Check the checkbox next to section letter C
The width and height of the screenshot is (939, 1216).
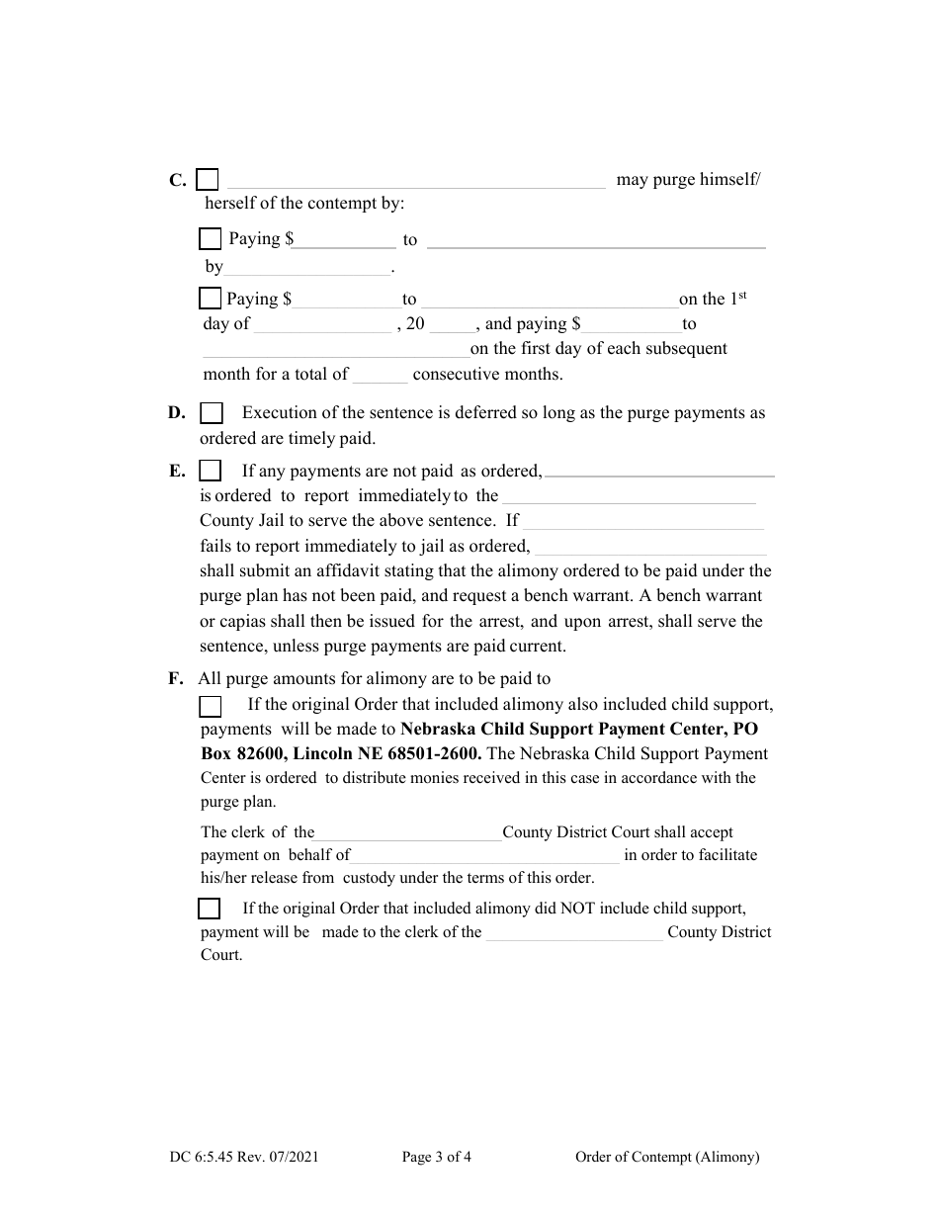tap(208, 180)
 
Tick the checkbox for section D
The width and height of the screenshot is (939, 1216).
tap(212, 413)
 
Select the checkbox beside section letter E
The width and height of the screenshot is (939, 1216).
tap(210, 471)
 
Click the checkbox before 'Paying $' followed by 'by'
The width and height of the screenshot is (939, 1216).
tap(210, 239)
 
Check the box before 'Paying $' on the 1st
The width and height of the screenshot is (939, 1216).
tap(210, 299)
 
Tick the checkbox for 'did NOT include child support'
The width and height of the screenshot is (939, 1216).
tap(210, 909)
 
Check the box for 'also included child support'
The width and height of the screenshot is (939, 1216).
tap(211, 706)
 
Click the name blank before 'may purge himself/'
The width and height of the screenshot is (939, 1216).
tap(416, 181)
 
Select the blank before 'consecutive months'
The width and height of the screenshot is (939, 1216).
tap(380, 376)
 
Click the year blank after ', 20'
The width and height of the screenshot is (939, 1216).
tap(454, 325)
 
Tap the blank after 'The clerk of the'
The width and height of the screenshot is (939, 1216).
tap(408, 833)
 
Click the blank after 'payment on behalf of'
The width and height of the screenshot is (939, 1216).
tap(484, 856)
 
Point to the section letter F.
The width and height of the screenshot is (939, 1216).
tap(176, 678)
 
